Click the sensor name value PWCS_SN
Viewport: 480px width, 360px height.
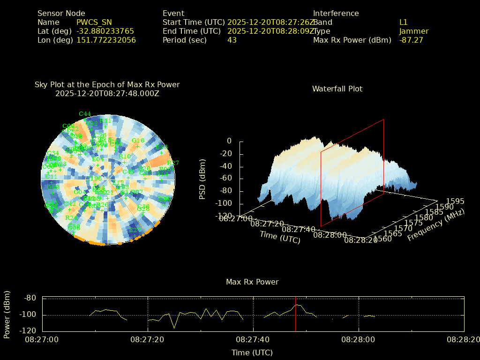94,22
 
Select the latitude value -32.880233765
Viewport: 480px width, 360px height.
105,31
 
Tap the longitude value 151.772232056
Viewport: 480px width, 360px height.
106,40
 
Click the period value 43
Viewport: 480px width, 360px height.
232,40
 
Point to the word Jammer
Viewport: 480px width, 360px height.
414,31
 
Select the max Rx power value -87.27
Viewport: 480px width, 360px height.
411,40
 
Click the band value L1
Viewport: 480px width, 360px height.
404,22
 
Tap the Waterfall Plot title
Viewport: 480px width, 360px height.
337,89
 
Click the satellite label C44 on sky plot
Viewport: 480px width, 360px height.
85,114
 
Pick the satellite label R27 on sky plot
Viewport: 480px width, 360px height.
173,163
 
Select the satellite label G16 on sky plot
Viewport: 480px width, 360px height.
138,141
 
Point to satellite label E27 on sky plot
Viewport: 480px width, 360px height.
135,230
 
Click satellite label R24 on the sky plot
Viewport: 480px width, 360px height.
71,218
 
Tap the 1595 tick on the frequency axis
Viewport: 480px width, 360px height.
455,202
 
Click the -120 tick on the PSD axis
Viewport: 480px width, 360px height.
224,216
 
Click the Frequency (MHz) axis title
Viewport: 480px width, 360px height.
435,226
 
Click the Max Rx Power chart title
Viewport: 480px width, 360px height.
252,282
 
